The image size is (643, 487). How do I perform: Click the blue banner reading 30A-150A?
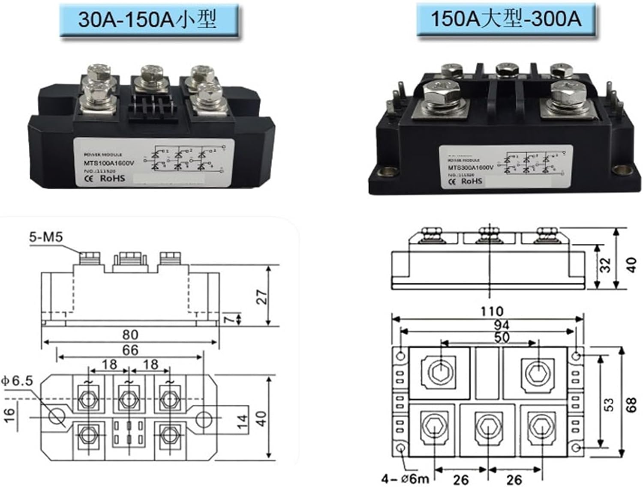148,20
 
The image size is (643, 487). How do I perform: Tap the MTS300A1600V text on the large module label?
471,167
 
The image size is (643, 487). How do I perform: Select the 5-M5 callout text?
46,237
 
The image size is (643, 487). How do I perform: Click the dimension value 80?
130,335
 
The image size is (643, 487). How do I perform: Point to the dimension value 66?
130,350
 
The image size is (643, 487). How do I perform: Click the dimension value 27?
261,297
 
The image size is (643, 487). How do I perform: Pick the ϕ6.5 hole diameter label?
17,380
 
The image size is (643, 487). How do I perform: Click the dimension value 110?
491,311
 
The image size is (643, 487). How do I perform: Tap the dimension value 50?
502,337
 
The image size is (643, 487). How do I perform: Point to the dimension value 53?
609,404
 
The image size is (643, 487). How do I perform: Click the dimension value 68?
631,404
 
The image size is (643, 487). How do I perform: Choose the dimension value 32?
605,265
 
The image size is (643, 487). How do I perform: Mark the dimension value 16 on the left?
9,415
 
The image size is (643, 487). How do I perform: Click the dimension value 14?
242,422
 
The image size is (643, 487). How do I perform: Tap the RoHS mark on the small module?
112,178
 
